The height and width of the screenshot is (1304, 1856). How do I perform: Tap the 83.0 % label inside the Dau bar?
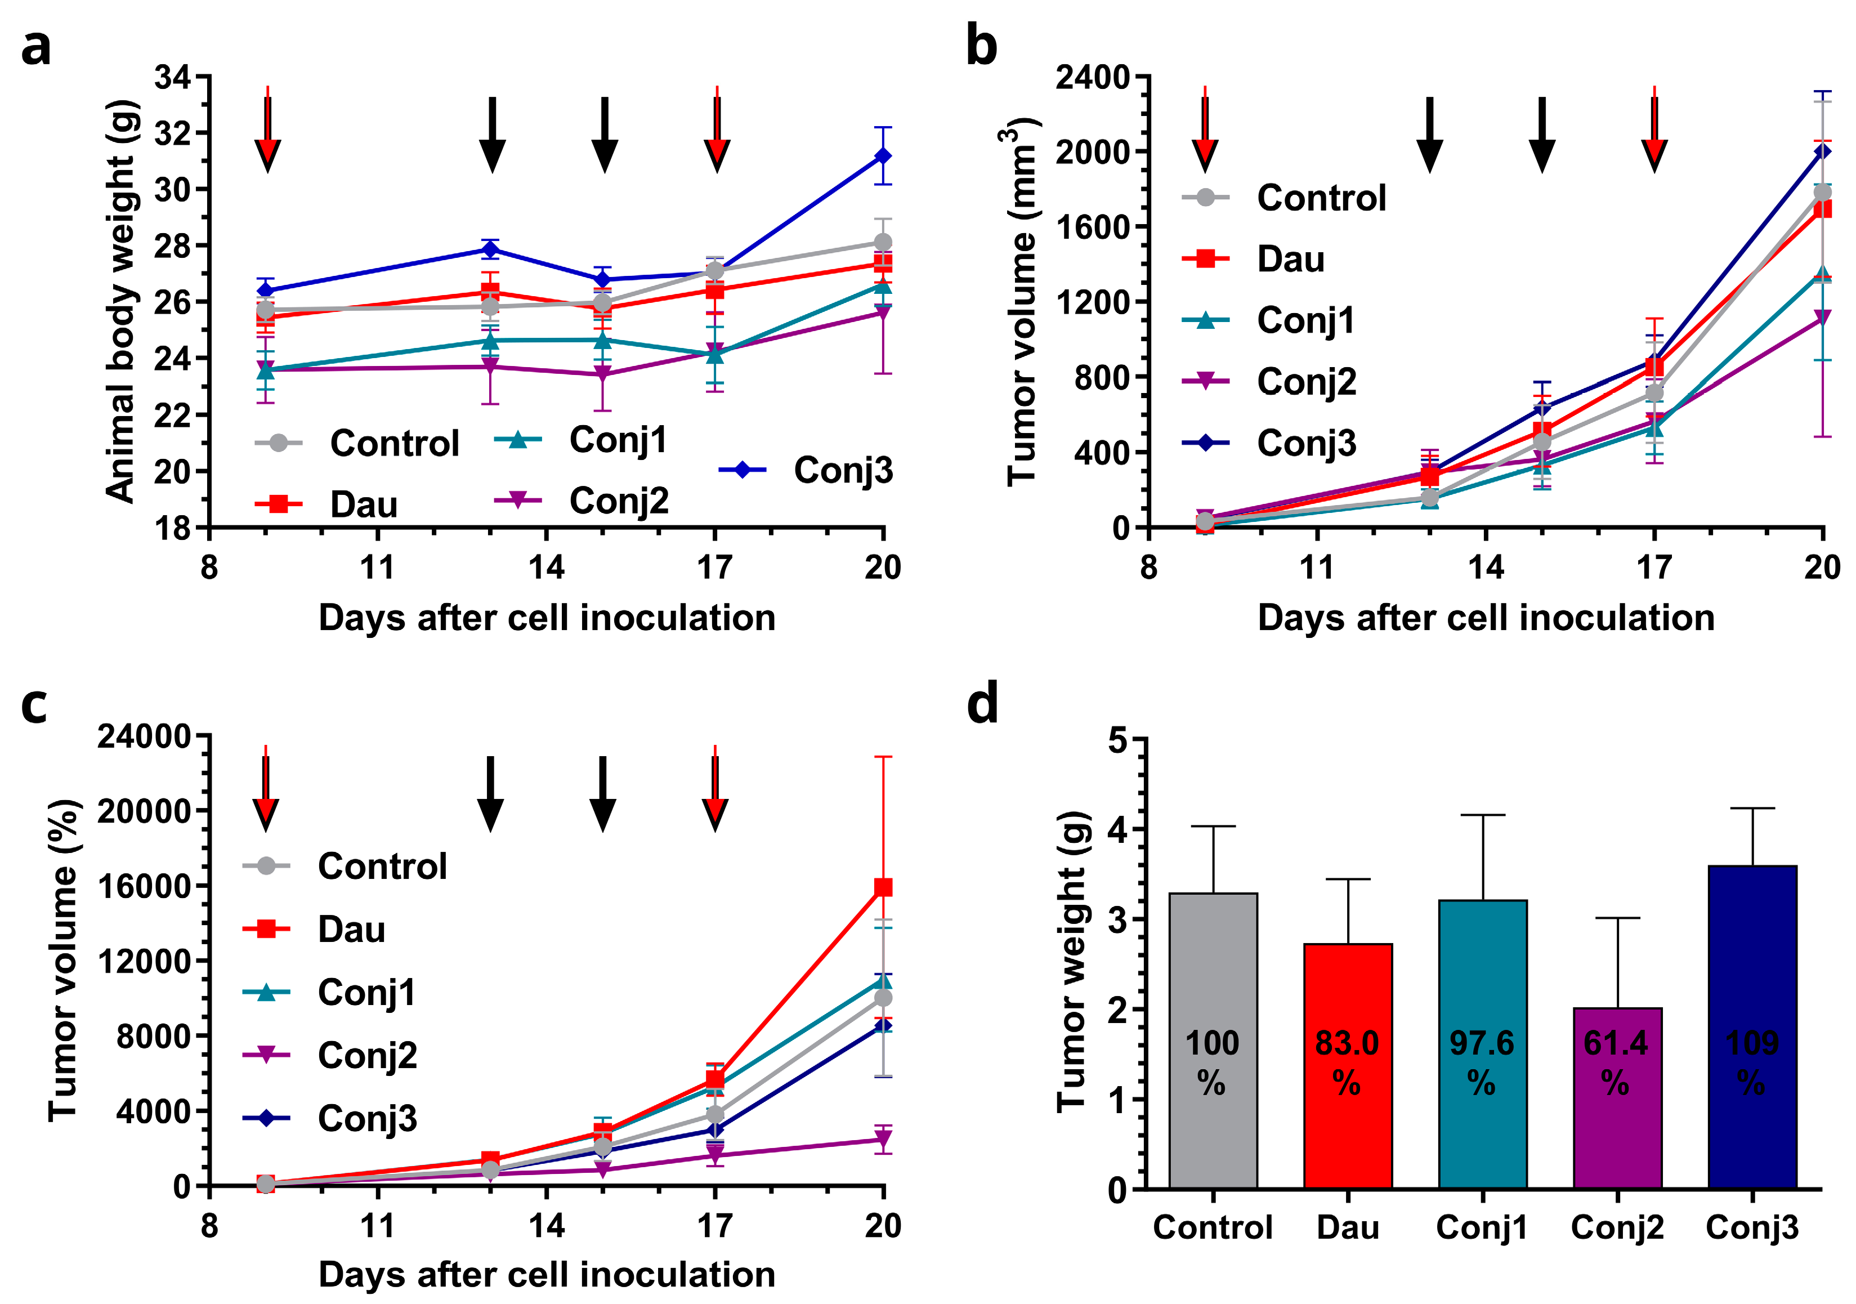(1347, 1061)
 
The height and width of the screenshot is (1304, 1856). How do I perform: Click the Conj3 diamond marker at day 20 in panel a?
(883, 156)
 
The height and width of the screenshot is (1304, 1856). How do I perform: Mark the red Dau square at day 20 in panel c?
(883, 887)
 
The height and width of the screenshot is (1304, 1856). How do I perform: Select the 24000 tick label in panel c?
(144, 736)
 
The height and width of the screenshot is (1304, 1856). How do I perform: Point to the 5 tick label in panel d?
(1117, 739)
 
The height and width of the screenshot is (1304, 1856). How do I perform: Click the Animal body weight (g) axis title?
(121, 301)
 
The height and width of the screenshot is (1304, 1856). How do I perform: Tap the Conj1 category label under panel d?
(1482, 1227)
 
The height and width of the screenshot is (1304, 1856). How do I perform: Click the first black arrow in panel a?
(491, 134)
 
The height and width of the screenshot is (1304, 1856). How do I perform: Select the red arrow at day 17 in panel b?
(1654, 129)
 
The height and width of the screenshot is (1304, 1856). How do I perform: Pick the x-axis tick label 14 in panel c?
(547, 1226)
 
